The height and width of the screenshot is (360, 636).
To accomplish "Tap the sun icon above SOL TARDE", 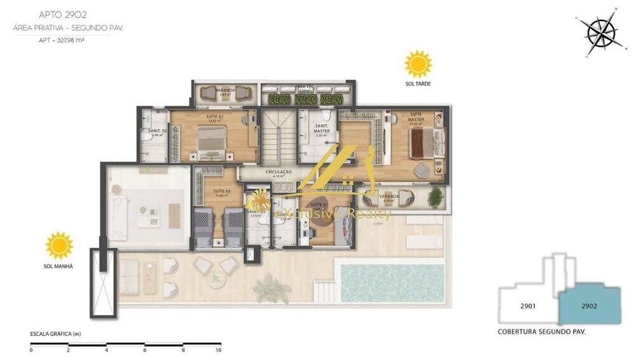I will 418,64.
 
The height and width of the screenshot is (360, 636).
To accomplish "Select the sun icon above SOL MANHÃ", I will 59,245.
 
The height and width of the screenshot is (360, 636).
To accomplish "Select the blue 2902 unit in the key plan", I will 589,306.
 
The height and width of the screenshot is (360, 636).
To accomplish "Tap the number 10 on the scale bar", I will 218,350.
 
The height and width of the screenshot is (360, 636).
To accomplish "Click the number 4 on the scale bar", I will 106,350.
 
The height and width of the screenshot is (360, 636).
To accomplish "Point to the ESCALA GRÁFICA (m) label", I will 56,334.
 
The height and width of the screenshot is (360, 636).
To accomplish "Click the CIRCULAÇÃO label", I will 279,172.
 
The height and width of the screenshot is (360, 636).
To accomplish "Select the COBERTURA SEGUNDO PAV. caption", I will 542,332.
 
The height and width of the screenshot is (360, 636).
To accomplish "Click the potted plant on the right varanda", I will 435,198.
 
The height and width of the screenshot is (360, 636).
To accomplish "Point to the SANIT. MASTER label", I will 322,128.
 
